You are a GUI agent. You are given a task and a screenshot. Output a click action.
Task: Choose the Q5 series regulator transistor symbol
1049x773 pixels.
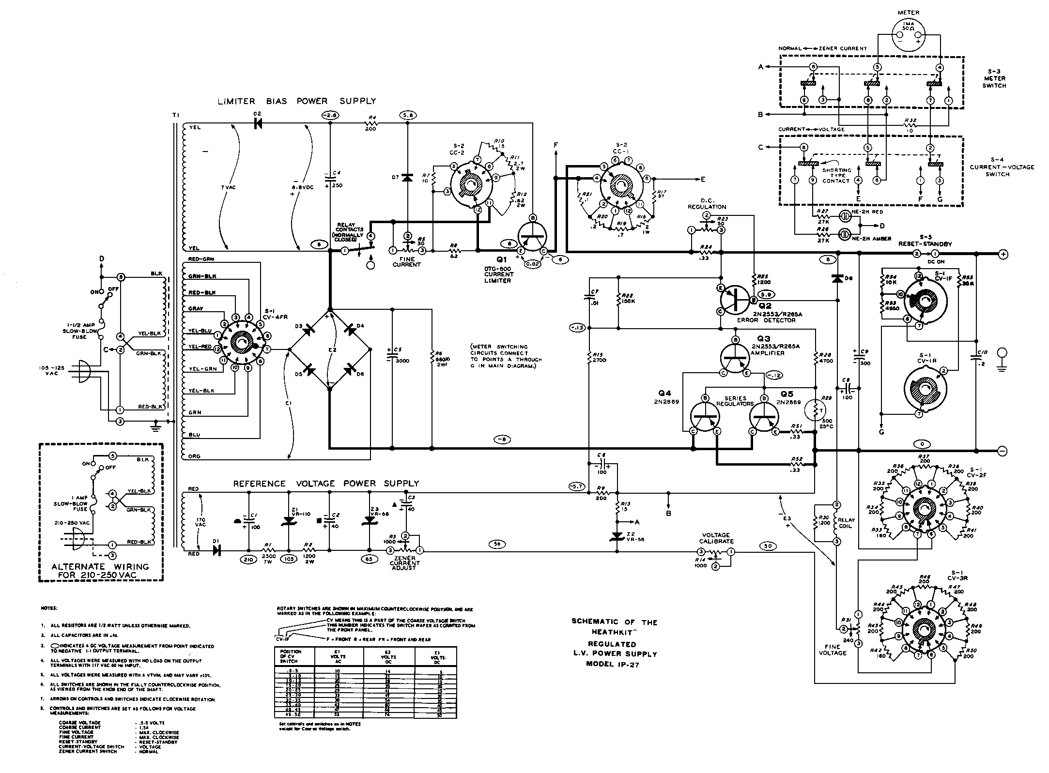coord(764,417)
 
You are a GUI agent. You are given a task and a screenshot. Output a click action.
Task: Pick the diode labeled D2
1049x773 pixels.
coord(258,123)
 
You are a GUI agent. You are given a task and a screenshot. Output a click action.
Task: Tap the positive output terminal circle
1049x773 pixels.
coord(1002,253)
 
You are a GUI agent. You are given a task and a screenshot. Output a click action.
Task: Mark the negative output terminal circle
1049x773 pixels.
coord(1002,451)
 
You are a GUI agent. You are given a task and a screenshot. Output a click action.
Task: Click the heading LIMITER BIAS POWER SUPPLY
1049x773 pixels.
coord(296,101)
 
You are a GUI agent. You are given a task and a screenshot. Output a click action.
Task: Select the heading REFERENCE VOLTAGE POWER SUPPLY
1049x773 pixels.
coord(326,484)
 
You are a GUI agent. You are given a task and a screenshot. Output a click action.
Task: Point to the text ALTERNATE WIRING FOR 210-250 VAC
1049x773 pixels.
coord(100,571)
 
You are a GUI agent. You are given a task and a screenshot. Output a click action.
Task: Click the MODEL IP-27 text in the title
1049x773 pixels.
coord(615,664)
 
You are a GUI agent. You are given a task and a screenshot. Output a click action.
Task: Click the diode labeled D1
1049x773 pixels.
coord(216,551)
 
